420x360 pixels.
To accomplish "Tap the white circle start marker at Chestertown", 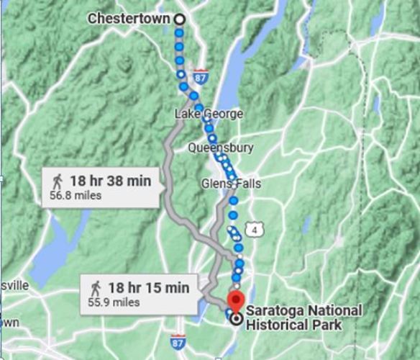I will coord(179,19).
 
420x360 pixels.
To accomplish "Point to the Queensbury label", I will coord(220,148).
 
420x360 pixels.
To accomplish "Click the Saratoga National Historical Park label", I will coord(304,317).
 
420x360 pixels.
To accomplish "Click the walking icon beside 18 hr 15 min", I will coord(96,288).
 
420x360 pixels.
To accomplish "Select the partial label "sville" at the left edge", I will coord(14,285).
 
